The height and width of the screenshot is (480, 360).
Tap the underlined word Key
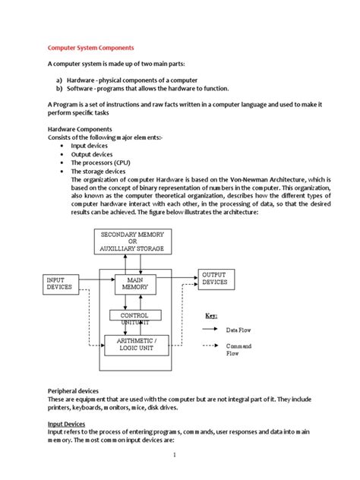click(x=212, y=315)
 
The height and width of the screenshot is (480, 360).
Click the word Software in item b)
click(x=86, y=88)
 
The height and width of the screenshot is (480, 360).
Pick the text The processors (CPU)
click(x=101, y=163)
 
